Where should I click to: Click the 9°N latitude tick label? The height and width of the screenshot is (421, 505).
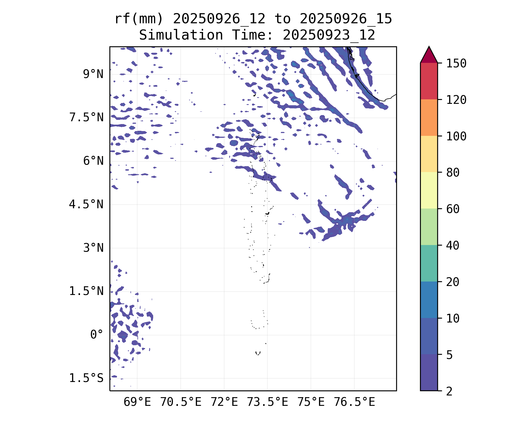[93, 74]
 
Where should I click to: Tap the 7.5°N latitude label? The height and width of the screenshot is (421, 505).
[86, 118]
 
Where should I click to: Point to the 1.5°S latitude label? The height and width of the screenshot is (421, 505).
[86, 378]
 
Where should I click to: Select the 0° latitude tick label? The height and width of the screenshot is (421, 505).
[97, 335]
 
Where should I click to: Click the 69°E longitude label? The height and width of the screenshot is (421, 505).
[137, 402]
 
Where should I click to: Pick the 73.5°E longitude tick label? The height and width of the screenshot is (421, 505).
[267, 402]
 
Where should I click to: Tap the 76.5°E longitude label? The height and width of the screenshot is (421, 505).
[354, 402]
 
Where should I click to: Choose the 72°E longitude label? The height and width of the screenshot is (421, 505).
[224, 402]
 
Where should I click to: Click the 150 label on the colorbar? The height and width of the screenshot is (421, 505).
[456, 63]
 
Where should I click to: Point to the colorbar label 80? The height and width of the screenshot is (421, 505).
[453, 173]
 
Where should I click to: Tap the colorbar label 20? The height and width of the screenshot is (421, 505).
[453, 282]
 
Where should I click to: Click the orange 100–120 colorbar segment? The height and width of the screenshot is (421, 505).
[429, 118]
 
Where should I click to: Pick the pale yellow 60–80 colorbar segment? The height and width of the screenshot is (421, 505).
[429, 190]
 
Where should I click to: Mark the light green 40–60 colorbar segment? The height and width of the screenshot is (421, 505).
[429, 227]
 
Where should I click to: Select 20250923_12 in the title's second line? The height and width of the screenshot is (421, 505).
[329, 35]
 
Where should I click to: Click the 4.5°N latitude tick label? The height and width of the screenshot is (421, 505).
[86, 204]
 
